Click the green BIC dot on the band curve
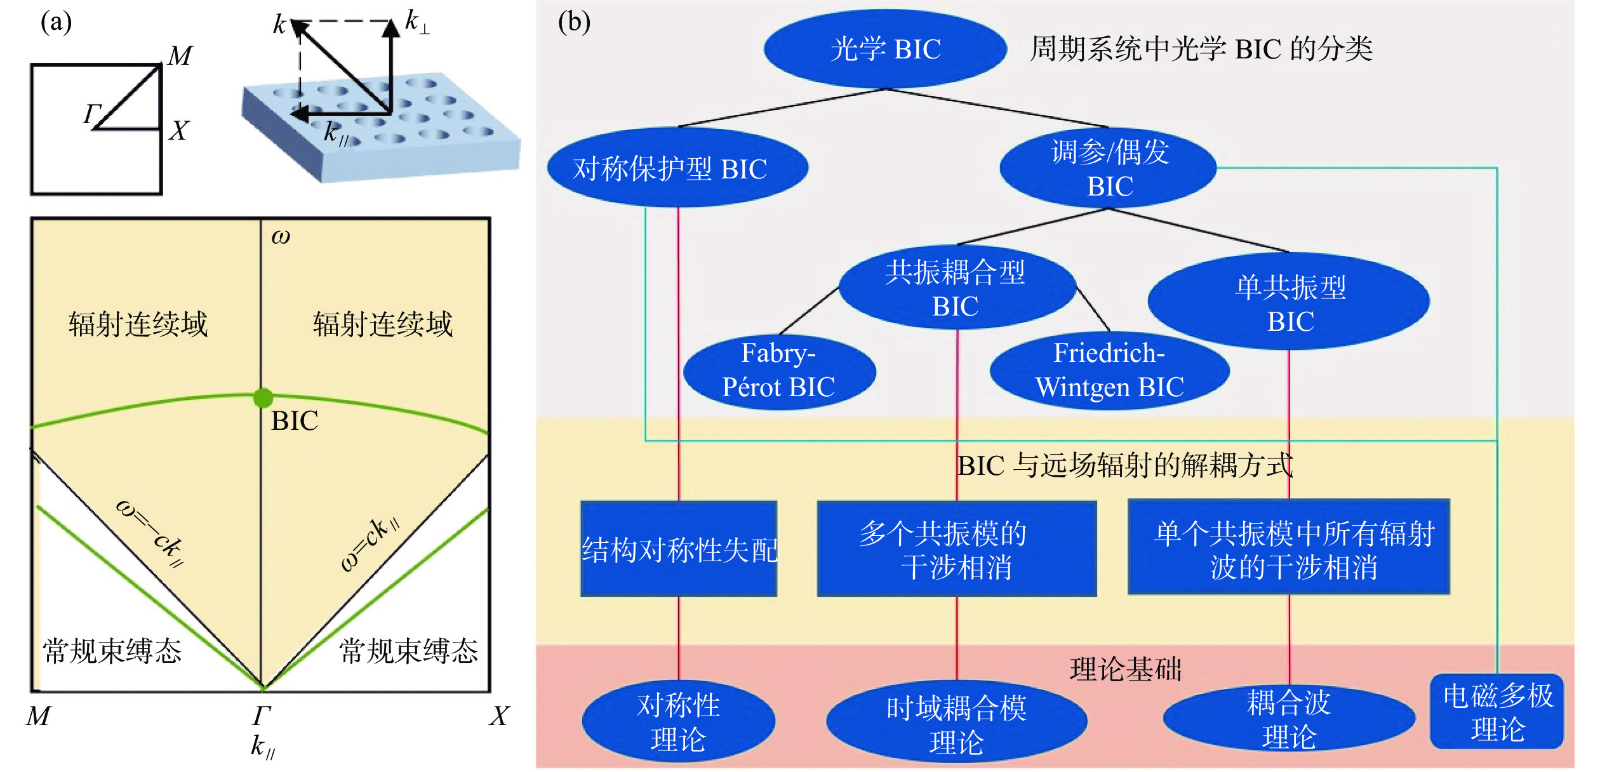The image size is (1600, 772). [x=263, y=398]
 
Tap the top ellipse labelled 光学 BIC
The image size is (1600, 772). [x=885, y=49]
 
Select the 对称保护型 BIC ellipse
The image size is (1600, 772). [x=677, y=168]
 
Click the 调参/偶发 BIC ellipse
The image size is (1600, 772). [x=1109, y=168]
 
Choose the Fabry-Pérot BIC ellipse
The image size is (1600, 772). [x=779, y=371]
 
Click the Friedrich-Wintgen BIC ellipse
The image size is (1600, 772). [x=1109, y=371]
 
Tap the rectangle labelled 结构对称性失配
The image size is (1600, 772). [x=679, y=549]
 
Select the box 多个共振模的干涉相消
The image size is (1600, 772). [x=956, y=549]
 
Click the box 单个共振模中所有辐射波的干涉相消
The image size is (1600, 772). [x=1289, y=548]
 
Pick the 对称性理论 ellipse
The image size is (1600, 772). [x=678, y=722]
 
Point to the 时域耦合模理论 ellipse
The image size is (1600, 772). [x=956, y=724]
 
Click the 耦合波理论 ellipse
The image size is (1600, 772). [x=1289, y=719]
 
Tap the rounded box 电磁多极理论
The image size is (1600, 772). [x=1497, y=712]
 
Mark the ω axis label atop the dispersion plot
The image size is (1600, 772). [x=281, y=236]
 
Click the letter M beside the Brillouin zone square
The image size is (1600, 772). [x=180, y=56]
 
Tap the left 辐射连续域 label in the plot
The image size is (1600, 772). [x=138, y=324]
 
